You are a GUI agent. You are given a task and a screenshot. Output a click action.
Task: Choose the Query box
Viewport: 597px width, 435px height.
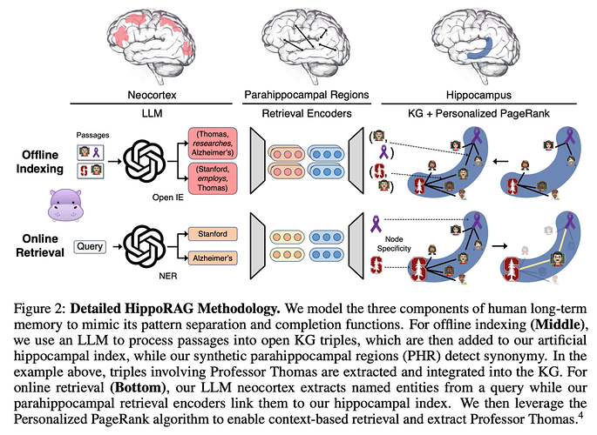coord(91,246)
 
